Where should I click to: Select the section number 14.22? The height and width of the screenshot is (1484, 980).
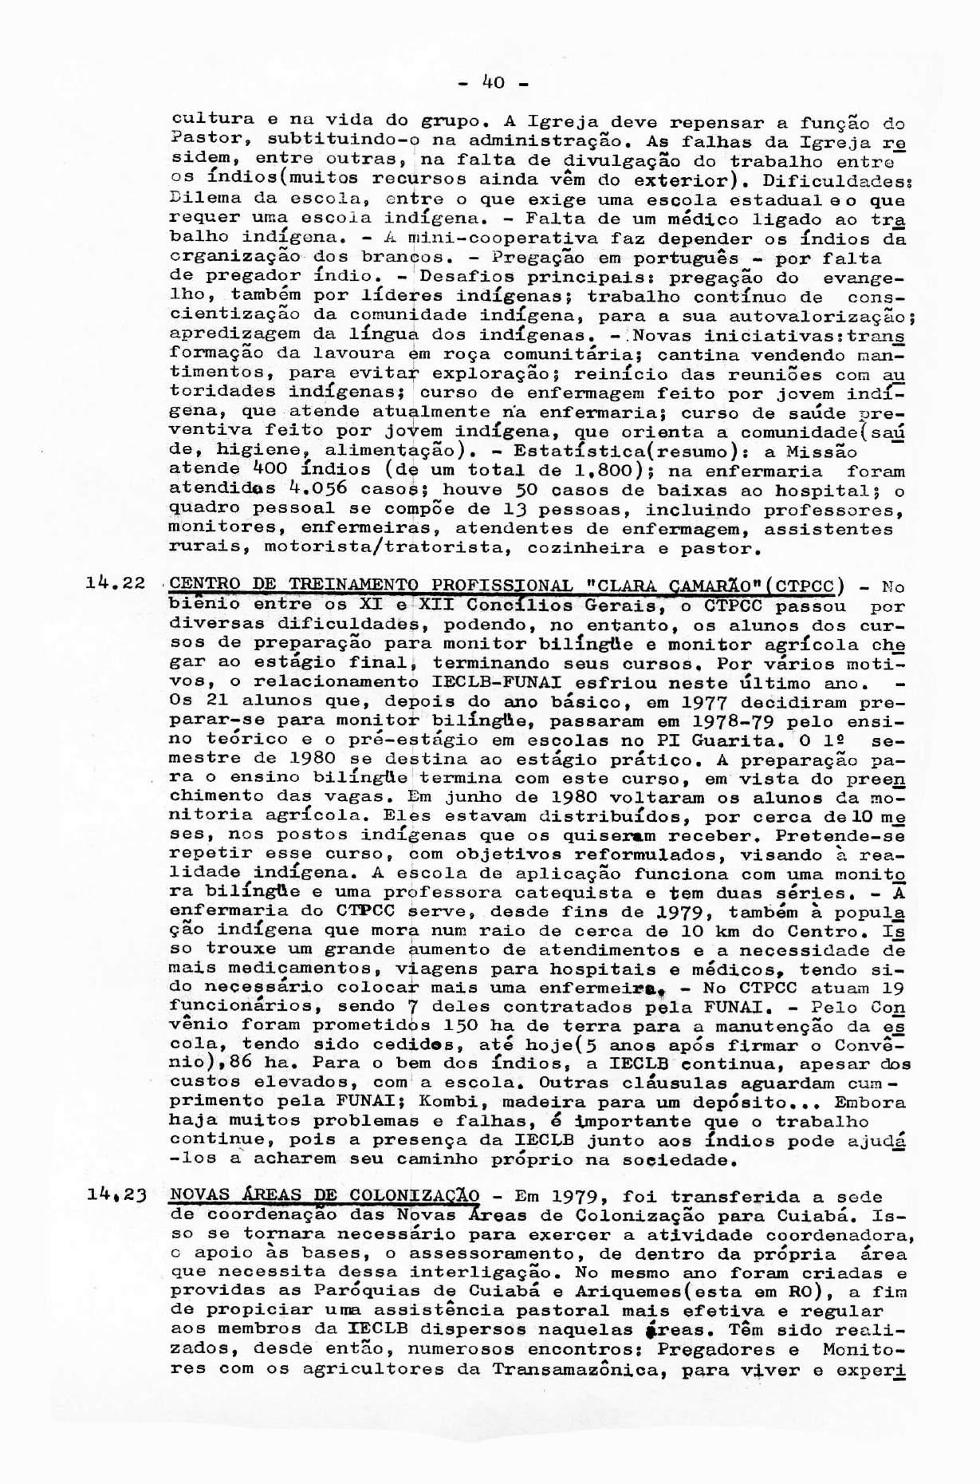(x=116, y=583)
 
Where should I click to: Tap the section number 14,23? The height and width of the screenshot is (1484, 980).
(x=116, y=1194)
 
